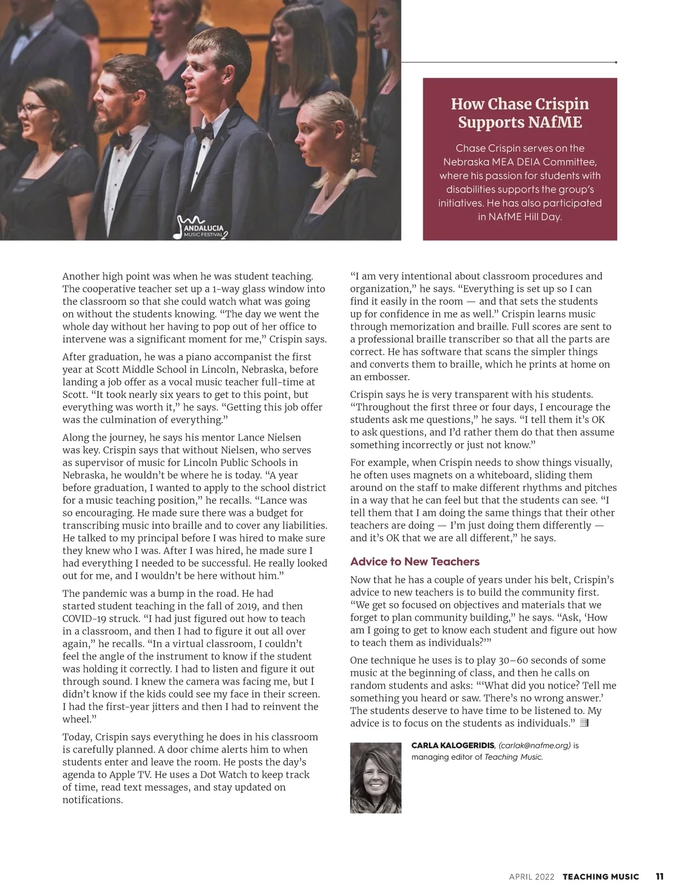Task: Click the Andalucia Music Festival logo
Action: click(x=201, y=227)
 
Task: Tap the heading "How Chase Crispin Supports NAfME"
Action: click(x=519, y=113)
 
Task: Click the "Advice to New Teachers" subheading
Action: click(x=415, y=561)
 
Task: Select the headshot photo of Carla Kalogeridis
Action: click(x=376, y=778)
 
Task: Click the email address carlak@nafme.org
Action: click(x=535, y=746)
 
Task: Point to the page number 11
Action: click(x=659, y=876)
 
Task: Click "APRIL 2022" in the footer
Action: click(x=532, y=877)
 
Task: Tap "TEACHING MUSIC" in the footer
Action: click(x=600, y=877)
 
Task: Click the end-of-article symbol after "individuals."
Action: click(x=585, y=723)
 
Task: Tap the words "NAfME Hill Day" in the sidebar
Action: click(x=520, y=217)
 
